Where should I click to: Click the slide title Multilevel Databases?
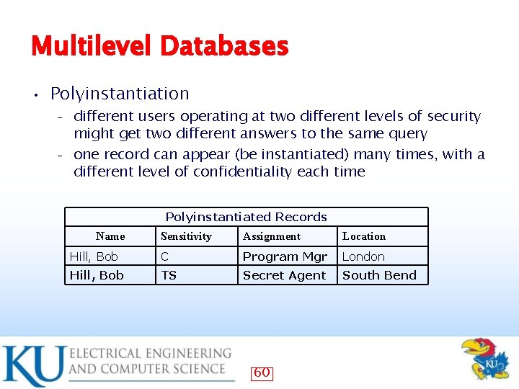pos(159,47)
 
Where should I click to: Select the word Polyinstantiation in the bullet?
pos(120,94)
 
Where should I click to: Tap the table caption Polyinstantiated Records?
pos(246,217)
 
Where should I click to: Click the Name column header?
pos(110,236)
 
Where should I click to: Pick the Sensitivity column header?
pos(186,236)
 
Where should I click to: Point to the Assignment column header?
pos(272,236)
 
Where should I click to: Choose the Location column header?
pos(364,236)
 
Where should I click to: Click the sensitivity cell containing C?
pos(165,256)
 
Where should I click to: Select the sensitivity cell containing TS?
pos(169,275)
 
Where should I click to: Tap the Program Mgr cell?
pos(285,256)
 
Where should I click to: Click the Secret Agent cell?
pos(284,275)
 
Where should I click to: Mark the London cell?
pos(363,256)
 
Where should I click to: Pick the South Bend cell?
pos(379,275)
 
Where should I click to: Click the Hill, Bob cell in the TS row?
pos(97,275)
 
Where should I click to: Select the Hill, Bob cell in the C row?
pos(94,256)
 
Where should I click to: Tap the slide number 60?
pos(262,372)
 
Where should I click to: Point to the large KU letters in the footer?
pos(32,365)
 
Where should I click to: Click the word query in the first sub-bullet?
pos(408,134)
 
